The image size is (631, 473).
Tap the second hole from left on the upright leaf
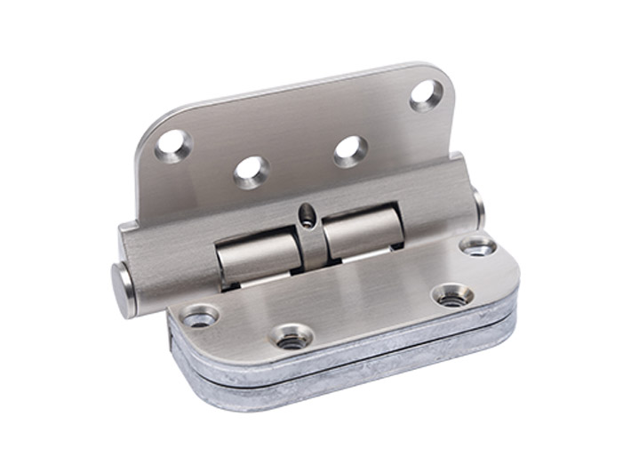[252, 171]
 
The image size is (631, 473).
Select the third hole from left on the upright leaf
[350, 150]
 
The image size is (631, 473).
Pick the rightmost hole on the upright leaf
[426, 95]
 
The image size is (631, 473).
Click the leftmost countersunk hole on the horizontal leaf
[199, 315]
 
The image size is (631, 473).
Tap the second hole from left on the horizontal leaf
[291, 337]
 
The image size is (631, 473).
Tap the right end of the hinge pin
[478, 206]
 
